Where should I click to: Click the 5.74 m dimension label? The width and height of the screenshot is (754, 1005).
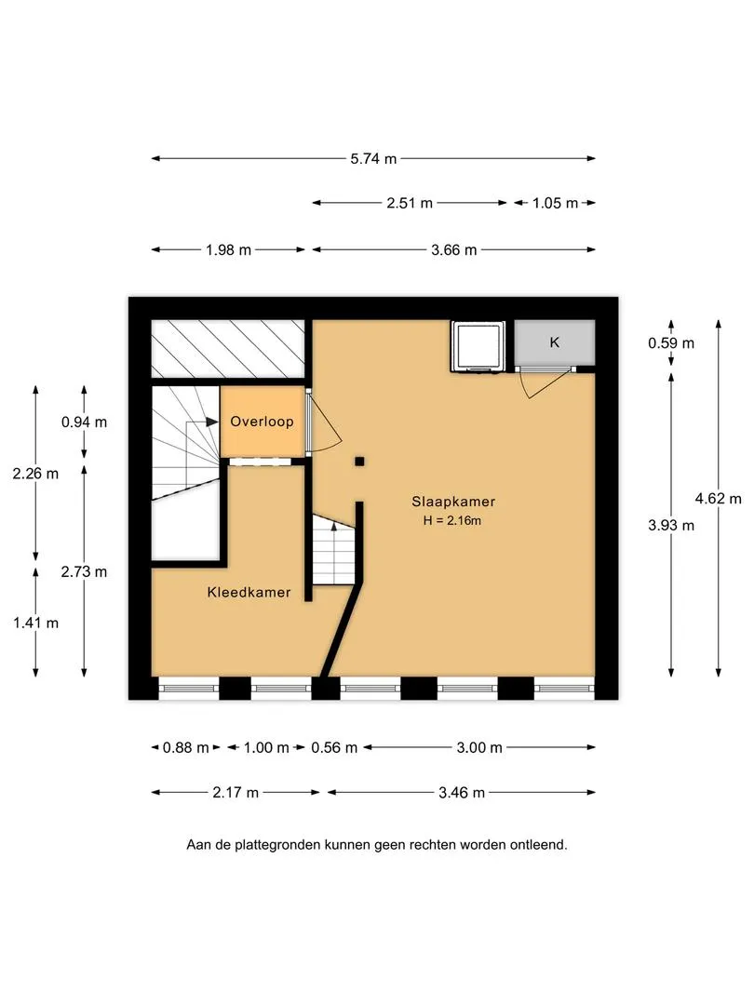point(373,158)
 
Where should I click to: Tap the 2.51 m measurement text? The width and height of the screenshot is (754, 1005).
point(409,203)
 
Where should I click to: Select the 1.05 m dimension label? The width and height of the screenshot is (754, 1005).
point(555,203)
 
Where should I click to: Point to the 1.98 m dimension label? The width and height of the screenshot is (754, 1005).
point(228,250)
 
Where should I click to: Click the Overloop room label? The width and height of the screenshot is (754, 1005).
point(262,422)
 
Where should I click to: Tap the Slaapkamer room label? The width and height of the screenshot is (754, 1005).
point(453,502)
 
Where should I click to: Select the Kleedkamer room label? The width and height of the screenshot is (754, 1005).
point(249,592)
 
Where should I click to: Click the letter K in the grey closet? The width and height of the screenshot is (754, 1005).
point(555,342)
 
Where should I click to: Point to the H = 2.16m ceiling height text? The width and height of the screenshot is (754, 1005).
point(452,520)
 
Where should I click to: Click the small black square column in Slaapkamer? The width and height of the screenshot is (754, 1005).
point(359,461)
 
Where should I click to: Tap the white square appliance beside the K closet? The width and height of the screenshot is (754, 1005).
point(477,346)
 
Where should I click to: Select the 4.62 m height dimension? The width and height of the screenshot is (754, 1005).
point(718,498)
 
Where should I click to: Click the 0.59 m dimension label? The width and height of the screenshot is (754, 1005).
point(670,342)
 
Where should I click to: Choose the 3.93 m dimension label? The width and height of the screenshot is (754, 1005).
point(670,526)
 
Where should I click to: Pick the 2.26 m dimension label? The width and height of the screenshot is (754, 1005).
point(35,474)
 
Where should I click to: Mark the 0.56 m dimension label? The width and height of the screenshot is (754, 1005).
point(334,747)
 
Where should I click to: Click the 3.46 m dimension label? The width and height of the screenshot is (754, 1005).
point(461,793)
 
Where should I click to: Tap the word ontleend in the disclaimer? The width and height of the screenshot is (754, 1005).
point(538,845)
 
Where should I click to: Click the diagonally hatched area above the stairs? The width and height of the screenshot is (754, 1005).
point(228,349)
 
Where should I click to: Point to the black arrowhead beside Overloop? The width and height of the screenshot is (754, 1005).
point(212,422)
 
